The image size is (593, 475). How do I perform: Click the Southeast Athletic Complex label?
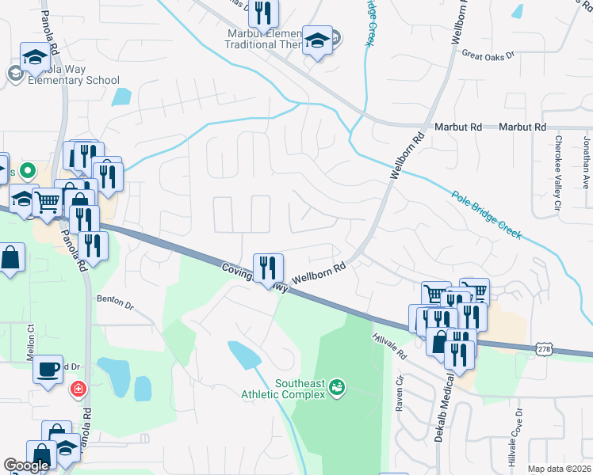(x=300, y=389)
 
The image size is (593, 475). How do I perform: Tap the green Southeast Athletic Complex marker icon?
(x=339, y=386)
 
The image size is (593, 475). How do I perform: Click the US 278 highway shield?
(x=544, y=348)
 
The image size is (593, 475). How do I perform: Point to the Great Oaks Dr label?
(x=488, y=56)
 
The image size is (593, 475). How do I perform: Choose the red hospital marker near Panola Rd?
(x=78, y=389)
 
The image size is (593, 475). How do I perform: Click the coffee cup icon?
(x=48, y=368)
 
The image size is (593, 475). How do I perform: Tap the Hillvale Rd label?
(x=388, y=344)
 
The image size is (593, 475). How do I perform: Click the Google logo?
(x=26, y=466)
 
